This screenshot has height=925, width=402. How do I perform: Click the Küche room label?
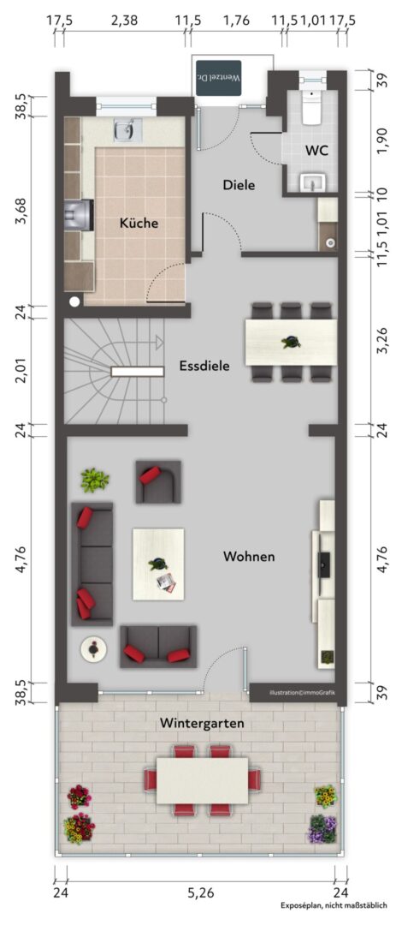[x=139, y=223]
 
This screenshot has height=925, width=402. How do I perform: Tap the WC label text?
[x=316, y=150]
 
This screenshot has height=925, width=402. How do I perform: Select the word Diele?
[x=239, y=185]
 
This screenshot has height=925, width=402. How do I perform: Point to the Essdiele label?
[x=204, y=366]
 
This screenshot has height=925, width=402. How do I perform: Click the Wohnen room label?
[x=249, y=556]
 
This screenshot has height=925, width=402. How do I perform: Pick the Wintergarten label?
[x=202, y=723]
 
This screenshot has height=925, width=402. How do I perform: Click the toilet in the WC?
[x=311, y=107]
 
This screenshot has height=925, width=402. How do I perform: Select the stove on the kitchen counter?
[x=79, y=214]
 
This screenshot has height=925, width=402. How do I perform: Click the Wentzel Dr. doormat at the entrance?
[x=219, y=78]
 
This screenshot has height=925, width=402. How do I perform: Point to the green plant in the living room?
[x=94, y=480]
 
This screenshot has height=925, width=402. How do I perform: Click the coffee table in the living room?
[x=158, y=564]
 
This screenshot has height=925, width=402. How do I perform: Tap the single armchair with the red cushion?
[x=158, y=481]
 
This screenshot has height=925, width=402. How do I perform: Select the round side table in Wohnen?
[x=94, y=649]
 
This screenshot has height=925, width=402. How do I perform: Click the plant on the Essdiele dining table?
[x=291, y=342]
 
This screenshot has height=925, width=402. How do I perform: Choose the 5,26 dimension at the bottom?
[x=201, y=892]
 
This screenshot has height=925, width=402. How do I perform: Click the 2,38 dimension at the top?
[x=124, y=20]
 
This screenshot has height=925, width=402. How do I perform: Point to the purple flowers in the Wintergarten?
[x=322, y=829]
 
